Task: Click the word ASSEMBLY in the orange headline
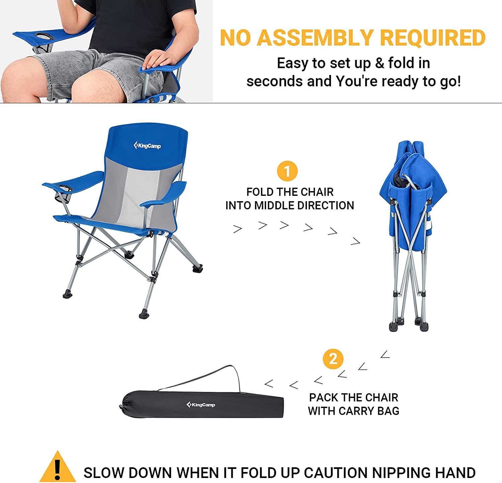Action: (x=315, y=37)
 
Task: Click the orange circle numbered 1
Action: (x=287, y=171)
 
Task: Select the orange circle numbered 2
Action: (x=333, y=359)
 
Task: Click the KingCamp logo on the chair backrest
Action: (x=147, y=146)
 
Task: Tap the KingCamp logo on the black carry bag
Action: (x=201, y=405)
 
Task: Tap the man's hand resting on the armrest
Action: (x=159, y=60)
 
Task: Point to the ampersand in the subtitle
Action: (x=380, y=63)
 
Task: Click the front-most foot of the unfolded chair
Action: (x=144, y=314)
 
